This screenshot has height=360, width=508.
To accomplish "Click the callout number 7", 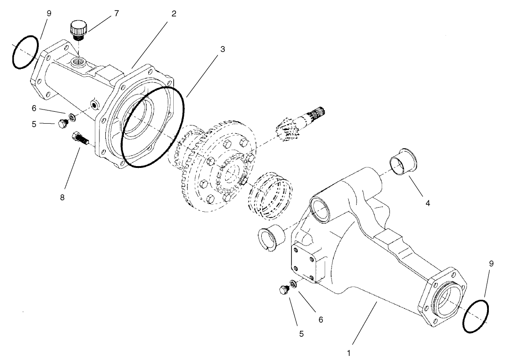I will pyautogui.click(x=116, y=13).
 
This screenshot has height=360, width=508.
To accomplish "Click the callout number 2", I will pyautogui.click(x=174, y=13).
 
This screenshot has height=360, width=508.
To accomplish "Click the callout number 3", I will pyautogui.click(x=222, y=48).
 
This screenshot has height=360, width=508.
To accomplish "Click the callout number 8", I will pyautogui.click(x=62, y=197).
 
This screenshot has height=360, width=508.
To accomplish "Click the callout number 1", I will pyautogui.click(x=349, y=353).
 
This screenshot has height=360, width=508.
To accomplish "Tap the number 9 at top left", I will pyautogui.click(x=49, y=13).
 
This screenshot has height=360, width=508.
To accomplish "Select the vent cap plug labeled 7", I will pyautogui.click(x=78, y=31).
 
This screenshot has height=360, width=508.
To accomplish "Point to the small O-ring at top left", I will pyautogui.click(x=24, y=53).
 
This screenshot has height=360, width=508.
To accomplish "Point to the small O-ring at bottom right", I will pyautogui.click(x=477, y=316).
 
